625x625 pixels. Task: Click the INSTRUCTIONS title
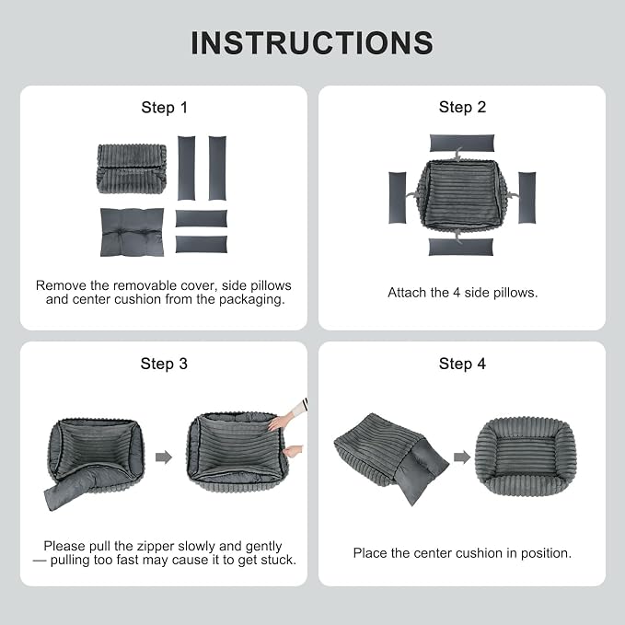pyautogui.click(x=312, y=43)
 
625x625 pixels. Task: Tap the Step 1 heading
pyautogui.click(x=164, y=108)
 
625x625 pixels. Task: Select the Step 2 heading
pyautogui.click(x=462, y=107)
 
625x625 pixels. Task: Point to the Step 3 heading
pyautogui.click(x=164, y=364)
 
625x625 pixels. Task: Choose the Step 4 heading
pyautogui.click(x=462, y=364)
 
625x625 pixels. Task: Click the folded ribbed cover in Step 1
pyautogui.click(x=132, y=169)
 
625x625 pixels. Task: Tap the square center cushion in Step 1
pyautogui.click(x=132, y=232)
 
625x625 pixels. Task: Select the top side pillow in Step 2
pyautogui.click(x=462, y=143)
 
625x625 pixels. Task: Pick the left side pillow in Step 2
pyautogui.click(x=398, y=198)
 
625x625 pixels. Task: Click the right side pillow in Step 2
pyautogui.click(x=527, y=198)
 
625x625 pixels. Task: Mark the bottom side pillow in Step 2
pyautogui.click(x=461, y=247)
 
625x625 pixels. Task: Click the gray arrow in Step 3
pyautogui.click(x=164, y=457)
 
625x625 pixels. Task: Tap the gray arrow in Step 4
pyautogui.click(x=462, y=457)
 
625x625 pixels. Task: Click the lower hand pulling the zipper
pyautogui.click(x=294, y=452)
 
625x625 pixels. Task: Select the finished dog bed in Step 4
pyautogui.click(x=526, y=457)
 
